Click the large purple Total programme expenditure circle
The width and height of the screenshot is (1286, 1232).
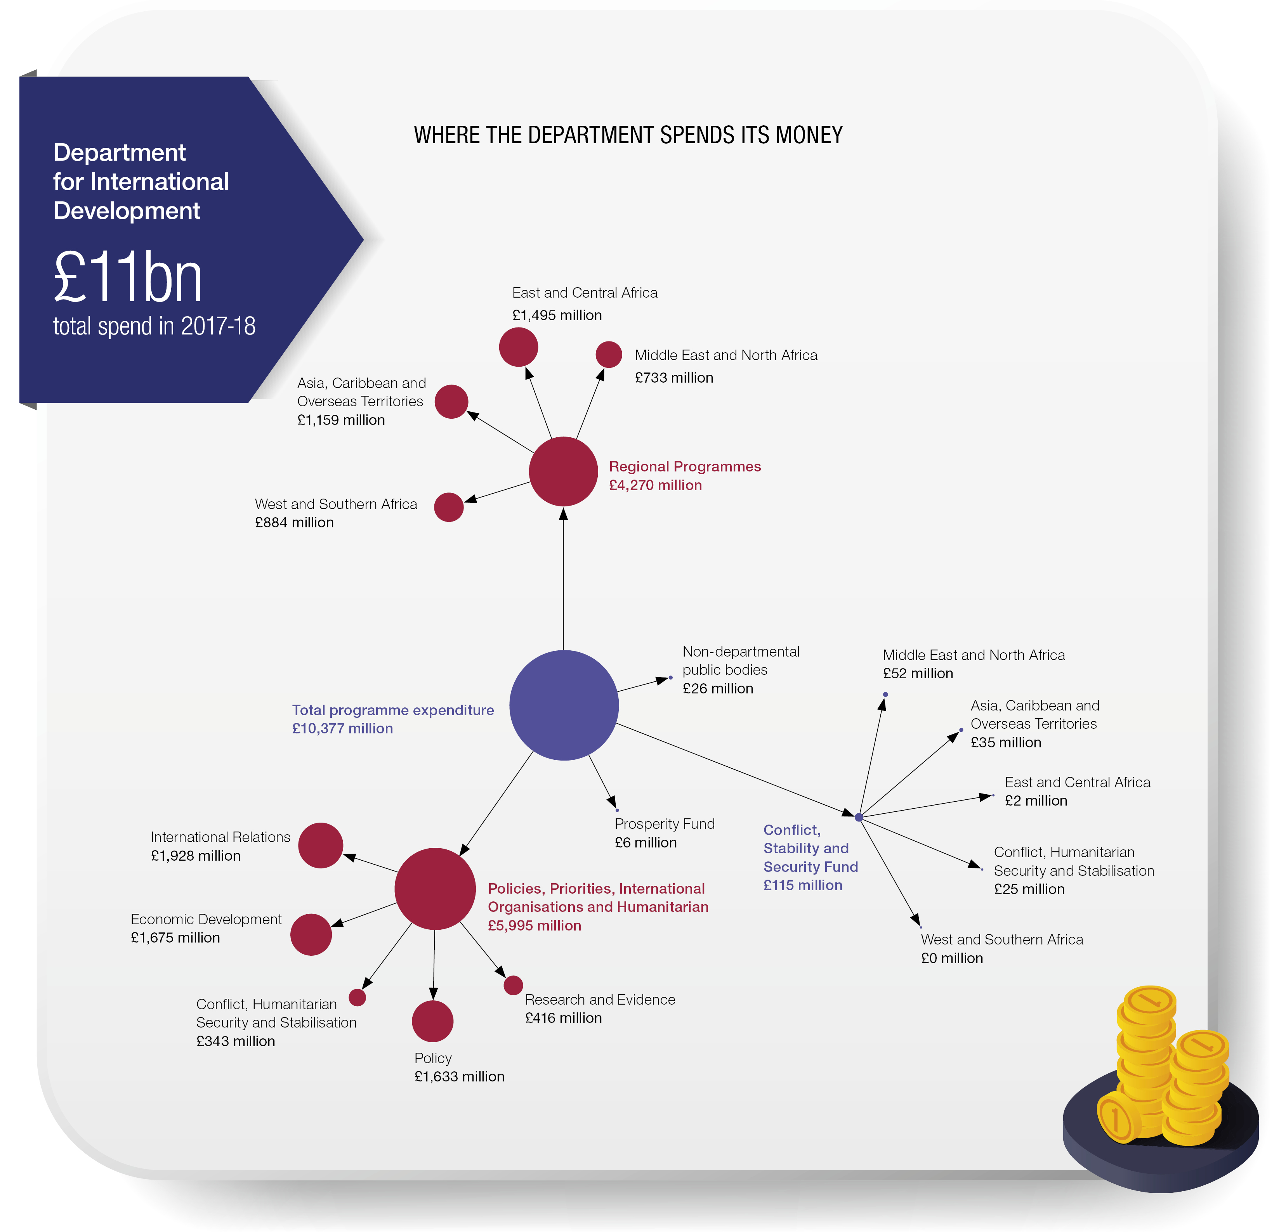[x=564, y=705]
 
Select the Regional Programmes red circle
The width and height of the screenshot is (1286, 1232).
[x=563, y=472]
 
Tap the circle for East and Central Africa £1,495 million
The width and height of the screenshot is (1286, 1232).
[x=518, y=347]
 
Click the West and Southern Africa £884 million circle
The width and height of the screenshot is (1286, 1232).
[x=449, y=507]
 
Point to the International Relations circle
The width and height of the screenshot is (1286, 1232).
[x=320, y=846]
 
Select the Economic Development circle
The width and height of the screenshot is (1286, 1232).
[x=311, y=934]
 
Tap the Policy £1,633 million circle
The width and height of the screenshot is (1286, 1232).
[x=432, y=1021]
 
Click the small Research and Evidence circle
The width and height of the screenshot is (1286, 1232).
[x=513, y=985]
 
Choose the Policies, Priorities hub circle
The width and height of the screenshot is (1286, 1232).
[x=435, y=889]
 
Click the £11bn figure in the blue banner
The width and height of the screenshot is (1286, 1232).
[x=128, y=277]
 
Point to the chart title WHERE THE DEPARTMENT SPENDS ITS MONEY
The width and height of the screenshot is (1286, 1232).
[x=628, y=135]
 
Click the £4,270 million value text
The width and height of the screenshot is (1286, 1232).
[x=656, y=485]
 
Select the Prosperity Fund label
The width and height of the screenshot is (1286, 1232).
[x=665, y=824]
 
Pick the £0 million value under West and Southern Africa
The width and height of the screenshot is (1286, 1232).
[x=952, y=958]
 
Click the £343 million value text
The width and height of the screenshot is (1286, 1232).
[x=236, y=1042]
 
